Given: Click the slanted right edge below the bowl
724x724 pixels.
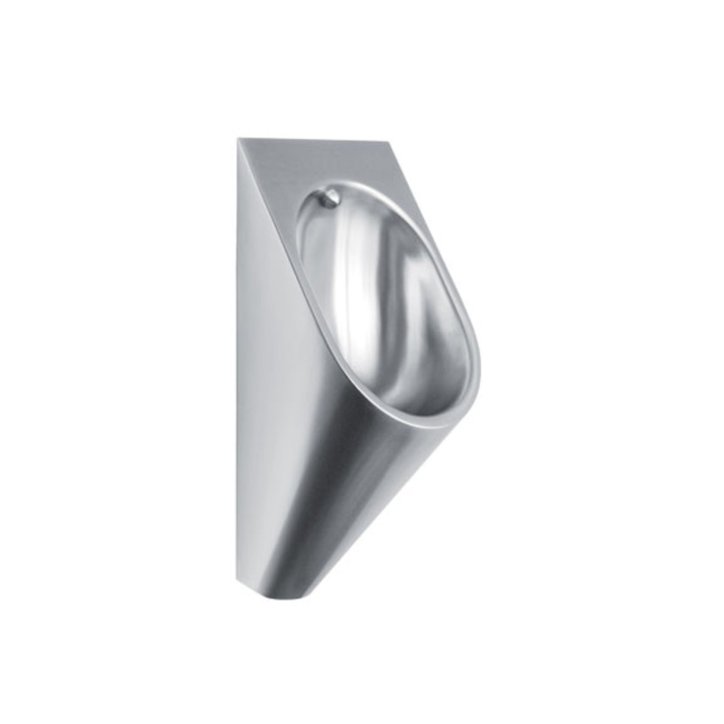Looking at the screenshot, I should [389, 497].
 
